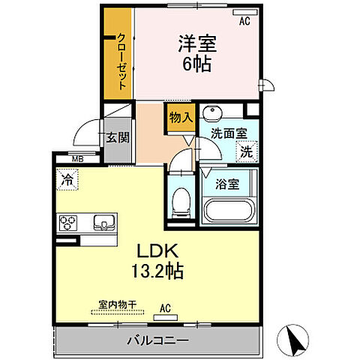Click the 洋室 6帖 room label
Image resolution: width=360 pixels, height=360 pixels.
(x=194, y=52)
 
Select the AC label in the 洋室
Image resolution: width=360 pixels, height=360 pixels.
(x=244, y=22)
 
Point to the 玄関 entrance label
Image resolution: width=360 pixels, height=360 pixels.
(x=115, y=137)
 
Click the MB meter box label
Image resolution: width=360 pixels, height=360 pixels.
(x=76, y=159)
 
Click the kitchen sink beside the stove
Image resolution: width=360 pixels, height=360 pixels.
(x=103, y=222)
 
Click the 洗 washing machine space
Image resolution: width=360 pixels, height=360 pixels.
(x=246, y=151)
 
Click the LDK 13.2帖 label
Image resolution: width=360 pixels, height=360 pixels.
(x=159, y=259)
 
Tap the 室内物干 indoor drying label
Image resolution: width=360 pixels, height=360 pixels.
(x=117, y=305)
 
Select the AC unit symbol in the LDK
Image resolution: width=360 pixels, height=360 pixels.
(x=164, y=316)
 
